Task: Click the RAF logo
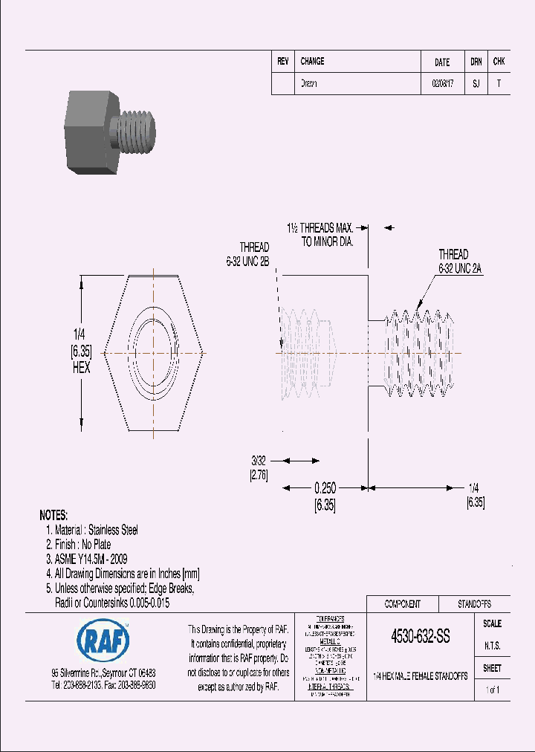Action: pos(103,639)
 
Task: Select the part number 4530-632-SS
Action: pos(420,638)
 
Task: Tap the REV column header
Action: pos(282,62)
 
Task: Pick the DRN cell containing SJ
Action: pos(476,84)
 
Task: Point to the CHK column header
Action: pos(499,62)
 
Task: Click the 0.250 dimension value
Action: pos(325,488)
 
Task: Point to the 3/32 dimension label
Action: pos(259,461)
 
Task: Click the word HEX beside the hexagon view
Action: pos(80,369)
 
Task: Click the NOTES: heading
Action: pos(53,515)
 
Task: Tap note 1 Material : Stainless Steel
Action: pos(92,530)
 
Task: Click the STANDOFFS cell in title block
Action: pos(473,604)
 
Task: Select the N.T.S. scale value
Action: pos(492,646)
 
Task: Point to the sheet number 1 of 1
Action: pos(492,690)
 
